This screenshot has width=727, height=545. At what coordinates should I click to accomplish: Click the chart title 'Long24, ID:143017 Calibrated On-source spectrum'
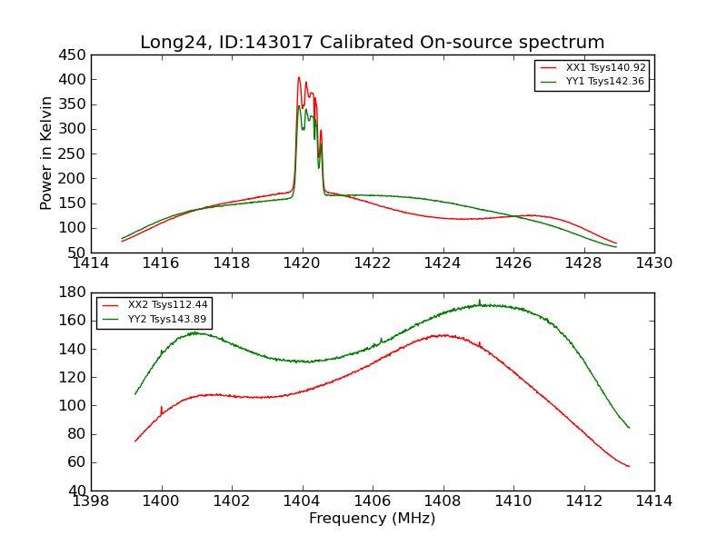372,43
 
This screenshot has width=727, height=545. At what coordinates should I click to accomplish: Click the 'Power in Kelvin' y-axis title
46,154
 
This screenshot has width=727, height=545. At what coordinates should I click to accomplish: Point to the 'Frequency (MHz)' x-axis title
372,519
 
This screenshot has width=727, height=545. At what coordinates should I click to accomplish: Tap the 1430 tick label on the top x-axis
653,263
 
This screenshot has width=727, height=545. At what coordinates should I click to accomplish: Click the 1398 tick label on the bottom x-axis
91,501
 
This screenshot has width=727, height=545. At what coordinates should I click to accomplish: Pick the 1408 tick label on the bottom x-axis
443,501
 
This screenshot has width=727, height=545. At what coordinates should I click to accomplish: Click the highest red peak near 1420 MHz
299,78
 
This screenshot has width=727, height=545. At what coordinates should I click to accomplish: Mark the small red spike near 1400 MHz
162,408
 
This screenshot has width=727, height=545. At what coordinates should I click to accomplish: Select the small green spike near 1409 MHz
480,300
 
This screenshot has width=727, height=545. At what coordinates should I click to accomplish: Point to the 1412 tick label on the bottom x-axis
583,501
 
